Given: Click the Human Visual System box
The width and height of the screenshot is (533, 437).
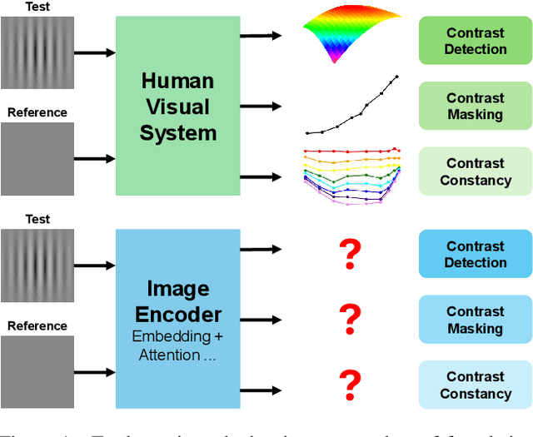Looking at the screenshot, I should coord(178,106).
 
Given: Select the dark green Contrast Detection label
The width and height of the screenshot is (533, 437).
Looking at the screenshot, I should coord(475,41).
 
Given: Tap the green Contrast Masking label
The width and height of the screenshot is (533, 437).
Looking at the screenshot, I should coord(475,107).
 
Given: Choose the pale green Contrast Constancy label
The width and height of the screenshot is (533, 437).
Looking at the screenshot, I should coord(475,171).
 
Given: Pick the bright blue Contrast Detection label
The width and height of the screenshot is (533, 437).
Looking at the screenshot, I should coord(475,254).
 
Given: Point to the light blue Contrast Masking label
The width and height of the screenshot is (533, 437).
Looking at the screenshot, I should coord(475,320).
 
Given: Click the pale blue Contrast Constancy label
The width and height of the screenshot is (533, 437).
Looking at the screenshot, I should coord(475,385).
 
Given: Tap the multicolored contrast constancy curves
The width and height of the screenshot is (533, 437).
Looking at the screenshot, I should coord(351,173).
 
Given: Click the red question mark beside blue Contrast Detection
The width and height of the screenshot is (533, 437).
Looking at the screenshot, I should coord(351,253).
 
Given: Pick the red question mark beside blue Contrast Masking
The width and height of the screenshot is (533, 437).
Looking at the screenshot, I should coord(351,319).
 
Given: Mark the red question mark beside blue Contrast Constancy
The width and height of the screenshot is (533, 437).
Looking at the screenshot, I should coord(351,385).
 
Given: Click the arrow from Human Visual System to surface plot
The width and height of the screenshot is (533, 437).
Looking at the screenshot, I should coord(260,36).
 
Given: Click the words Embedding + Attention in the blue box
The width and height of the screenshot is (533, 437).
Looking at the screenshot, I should coord(178,346).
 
